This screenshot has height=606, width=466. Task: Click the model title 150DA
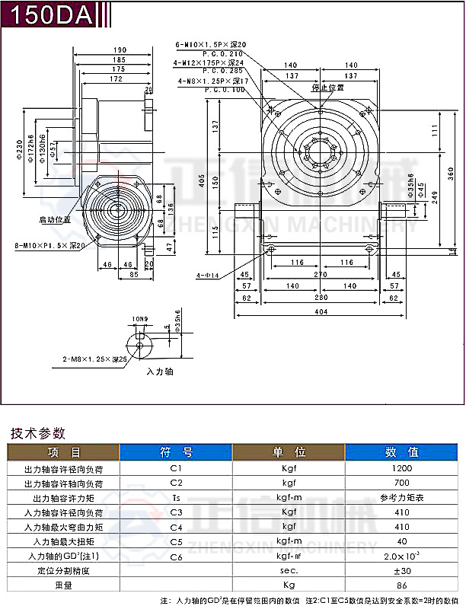pyautogui.click(x=47, y=14)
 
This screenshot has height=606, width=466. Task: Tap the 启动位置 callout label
pyautogui.click(x=55, y=218)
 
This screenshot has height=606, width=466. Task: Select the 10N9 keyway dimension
pyautogui.click(x=139, y=320)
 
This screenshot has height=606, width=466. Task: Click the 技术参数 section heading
pyautogui.click(x=37, y=432)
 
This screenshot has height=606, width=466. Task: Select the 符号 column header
pyautogui.click(x=177, y=452)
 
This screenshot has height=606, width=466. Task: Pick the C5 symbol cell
pyautogui.click(x=177, y=541)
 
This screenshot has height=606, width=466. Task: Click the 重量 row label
pyautogui.click(x=64, y=585)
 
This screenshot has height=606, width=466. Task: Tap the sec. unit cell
pyautogui.click(x=289, y=570)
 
